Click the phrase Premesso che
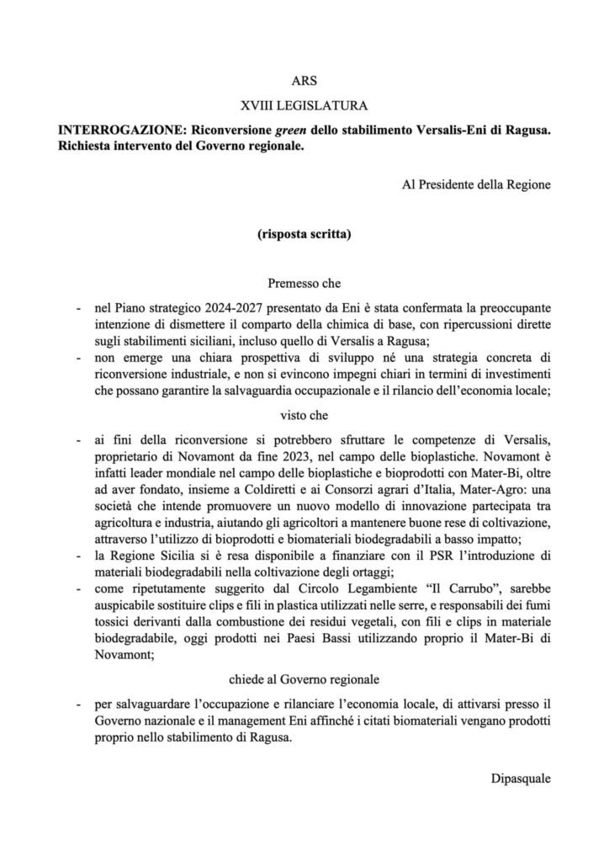[304, 286]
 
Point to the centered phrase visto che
[304, 415]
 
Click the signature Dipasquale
[521, 779]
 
